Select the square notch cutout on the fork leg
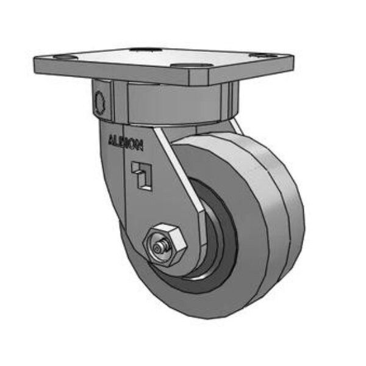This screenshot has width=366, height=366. pyautogui.click(x=140, y=175)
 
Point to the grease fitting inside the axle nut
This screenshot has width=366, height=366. pyautogui.click(x=159, y=247)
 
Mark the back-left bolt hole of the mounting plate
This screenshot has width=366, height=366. pyautogui.click(x=144, y=49)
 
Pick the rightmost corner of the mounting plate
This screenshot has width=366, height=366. pyautogui.click(x=292, y=58)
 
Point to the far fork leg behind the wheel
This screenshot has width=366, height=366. pyautogui.click(x=235, y=126)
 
